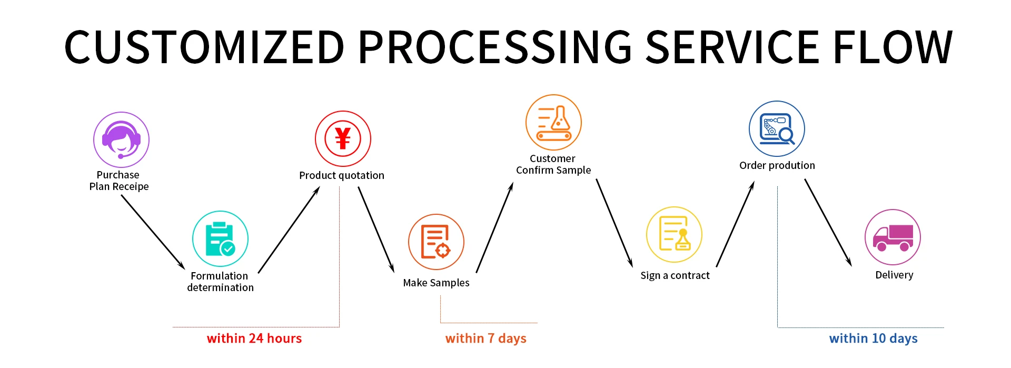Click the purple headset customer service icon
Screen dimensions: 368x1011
pos(121,140)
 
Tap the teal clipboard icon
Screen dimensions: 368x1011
pos(220,239)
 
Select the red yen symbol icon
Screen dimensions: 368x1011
pos(343,138)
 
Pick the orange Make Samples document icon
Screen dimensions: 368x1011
pos(436,242)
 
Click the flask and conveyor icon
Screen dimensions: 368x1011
pos(553,123)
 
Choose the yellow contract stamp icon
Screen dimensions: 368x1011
pos(674,235)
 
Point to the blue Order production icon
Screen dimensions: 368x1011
pos(777,129)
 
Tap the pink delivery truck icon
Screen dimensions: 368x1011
pos(893,237)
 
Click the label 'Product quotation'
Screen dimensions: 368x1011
pos(342,175)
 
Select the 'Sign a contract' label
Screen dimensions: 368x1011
pos(675,275)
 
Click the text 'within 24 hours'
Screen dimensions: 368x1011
pos(254,339)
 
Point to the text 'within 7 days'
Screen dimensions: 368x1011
pos(485,339)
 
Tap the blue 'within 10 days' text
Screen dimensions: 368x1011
pos(873,339)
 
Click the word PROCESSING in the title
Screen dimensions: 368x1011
pos(495,47)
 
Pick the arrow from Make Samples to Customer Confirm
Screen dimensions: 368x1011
pos(494,227)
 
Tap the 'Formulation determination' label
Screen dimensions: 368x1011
pos(220,282)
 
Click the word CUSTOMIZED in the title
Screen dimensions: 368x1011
pos(204,47)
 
